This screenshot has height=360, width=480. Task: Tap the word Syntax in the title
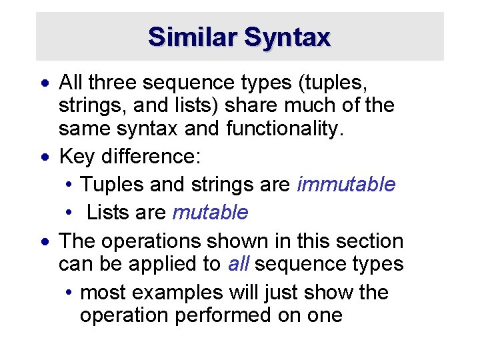pos(287,37)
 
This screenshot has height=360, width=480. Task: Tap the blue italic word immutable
pos(346,185)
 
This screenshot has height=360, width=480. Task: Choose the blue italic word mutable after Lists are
pos(210,213)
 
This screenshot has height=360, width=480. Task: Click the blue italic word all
pos(238,264)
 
